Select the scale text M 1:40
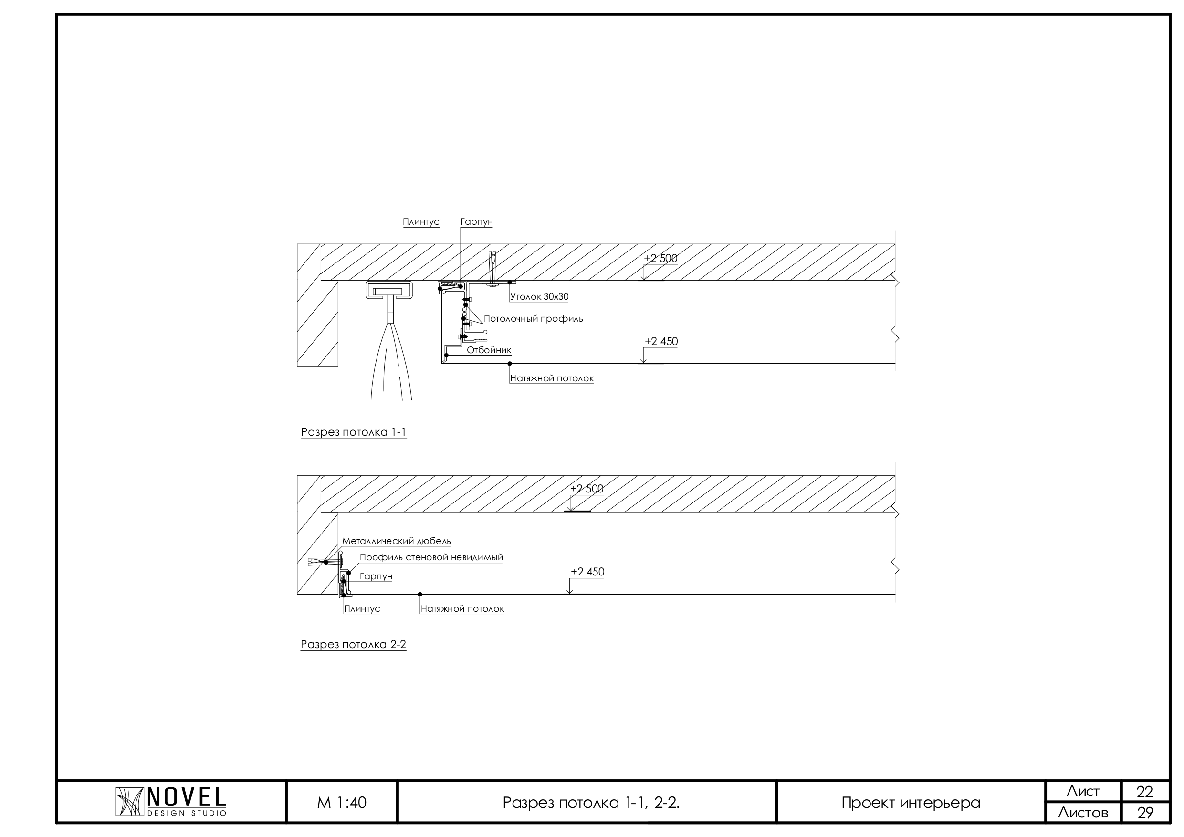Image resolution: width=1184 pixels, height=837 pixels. pyautogui.click(x=342, y=803)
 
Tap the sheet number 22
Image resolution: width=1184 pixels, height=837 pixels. pyautogui.click(x=1145, y=792)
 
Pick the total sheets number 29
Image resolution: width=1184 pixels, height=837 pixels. pyautogui.click(x=1145, y=813)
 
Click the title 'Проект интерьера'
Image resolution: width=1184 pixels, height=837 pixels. pyautogui.click(x=911, y=803)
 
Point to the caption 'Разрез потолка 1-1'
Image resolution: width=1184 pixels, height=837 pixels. pyautogui.click(x=354, y=432)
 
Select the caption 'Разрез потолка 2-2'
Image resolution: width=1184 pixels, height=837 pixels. pyautogui.click(x=353, y=645)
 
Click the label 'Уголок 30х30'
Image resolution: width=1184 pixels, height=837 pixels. pyautogui.click(x=539, y=296)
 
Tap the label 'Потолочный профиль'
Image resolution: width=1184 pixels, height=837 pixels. pyautogui.click(x=533, y=319)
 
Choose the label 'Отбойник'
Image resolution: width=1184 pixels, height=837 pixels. pyautogui.click(x=489, y=350)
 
